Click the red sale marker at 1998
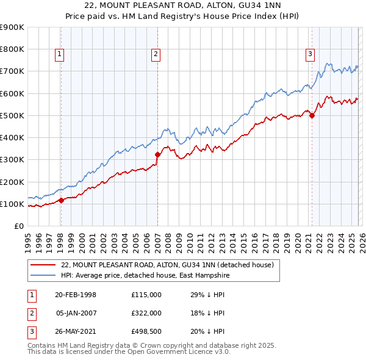click(61, 200)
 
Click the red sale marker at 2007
click(157, 154)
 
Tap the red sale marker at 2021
click(312, 115)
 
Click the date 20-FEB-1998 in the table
click(76, 295)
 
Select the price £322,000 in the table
click(146, 313)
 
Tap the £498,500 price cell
click(146, 331)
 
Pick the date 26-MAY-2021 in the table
click(76, 331)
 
